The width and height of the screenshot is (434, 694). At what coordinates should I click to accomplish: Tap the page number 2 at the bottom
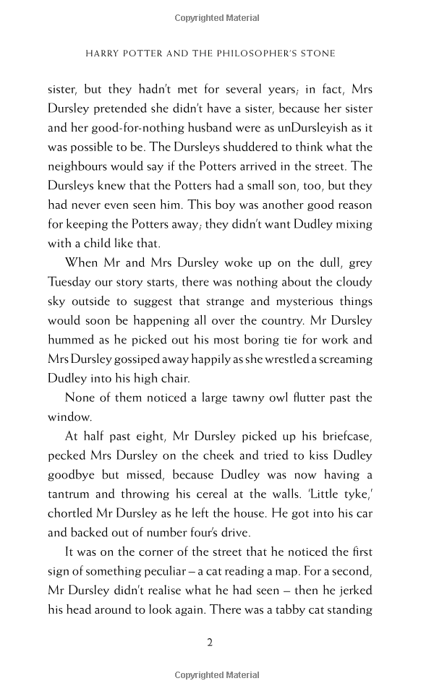point(210,642)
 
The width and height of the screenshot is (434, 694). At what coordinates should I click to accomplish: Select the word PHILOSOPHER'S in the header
point(270,53)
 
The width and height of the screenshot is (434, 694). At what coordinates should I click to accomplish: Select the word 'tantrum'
point(70,494)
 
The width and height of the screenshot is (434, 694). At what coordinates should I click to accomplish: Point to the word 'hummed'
point(72,339)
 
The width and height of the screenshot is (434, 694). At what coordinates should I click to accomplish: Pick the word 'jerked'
point(351,591)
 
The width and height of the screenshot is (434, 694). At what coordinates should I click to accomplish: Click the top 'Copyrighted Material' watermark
point(217,17)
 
